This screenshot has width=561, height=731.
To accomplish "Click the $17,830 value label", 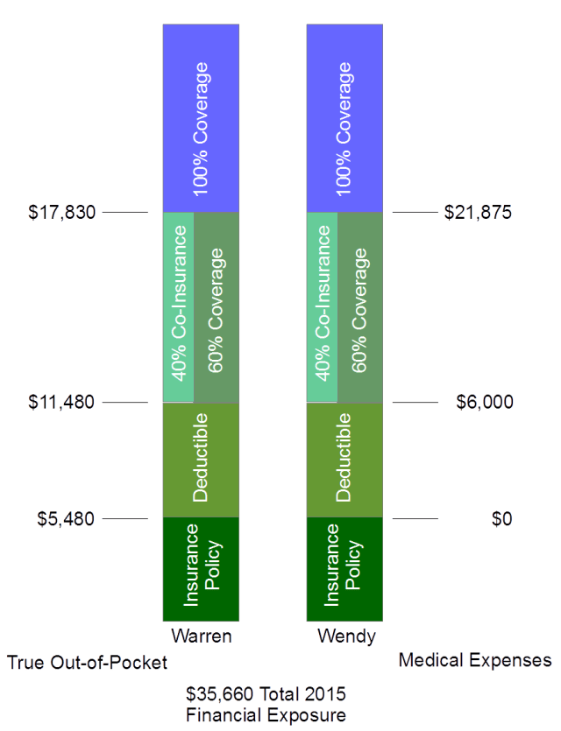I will pos(61,212).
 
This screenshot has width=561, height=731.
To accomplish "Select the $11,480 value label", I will pos(61,403).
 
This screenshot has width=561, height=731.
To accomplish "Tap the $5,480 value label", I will pos(66,519).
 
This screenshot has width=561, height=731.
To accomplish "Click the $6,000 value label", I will pos(485,403).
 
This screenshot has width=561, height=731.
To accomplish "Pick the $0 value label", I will pos(501,519).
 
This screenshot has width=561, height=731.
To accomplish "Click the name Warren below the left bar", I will pos(202,636).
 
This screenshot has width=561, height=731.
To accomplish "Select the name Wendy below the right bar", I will pos(345,636).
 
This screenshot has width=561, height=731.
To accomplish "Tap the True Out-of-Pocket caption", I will pos(87,663).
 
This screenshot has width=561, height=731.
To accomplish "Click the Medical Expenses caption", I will pos(475,660).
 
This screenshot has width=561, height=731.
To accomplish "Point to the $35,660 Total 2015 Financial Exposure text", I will pos(266,704).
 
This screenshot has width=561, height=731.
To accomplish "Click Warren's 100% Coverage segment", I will pos(201,118).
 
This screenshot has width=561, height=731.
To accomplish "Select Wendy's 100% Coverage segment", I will pos(344,118).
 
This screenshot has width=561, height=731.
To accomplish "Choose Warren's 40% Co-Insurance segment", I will pos(178,306).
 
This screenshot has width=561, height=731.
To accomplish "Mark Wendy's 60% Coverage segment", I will pos(360,306).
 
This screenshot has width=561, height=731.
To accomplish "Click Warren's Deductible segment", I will pos(201,460).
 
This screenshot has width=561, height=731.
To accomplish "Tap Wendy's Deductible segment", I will pos(344,460).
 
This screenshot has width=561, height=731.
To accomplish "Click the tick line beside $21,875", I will pos(414,212).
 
